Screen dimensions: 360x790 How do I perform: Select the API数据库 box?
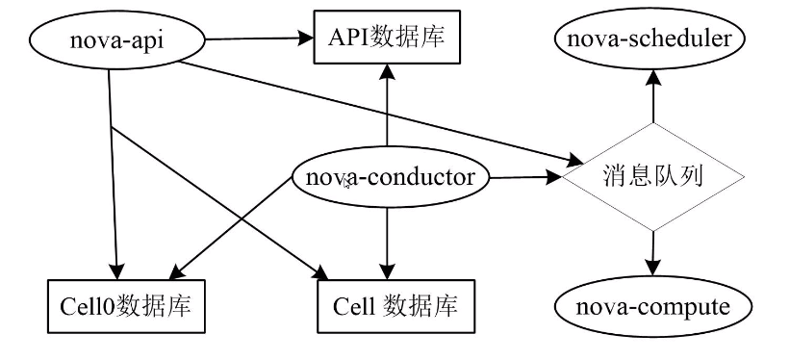pyautogui.click(x=386, y=39)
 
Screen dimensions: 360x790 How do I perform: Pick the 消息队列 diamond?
pyautogui.click(x=654, y=178)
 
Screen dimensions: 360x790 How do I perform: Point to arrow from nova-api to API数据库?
pyautogui.click(x=260, y=39)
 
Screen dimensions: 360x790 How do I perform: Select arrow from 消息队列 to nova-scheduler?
pyautogui.click(x=653, y=96)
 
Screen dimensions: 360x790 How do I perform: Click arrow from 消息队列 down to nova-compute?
pyautogui.click(x=653, y=255)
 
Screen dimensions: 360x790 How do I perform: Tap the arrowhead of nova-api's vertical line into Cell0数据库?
pyautogui.click(x=117, y=271)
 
